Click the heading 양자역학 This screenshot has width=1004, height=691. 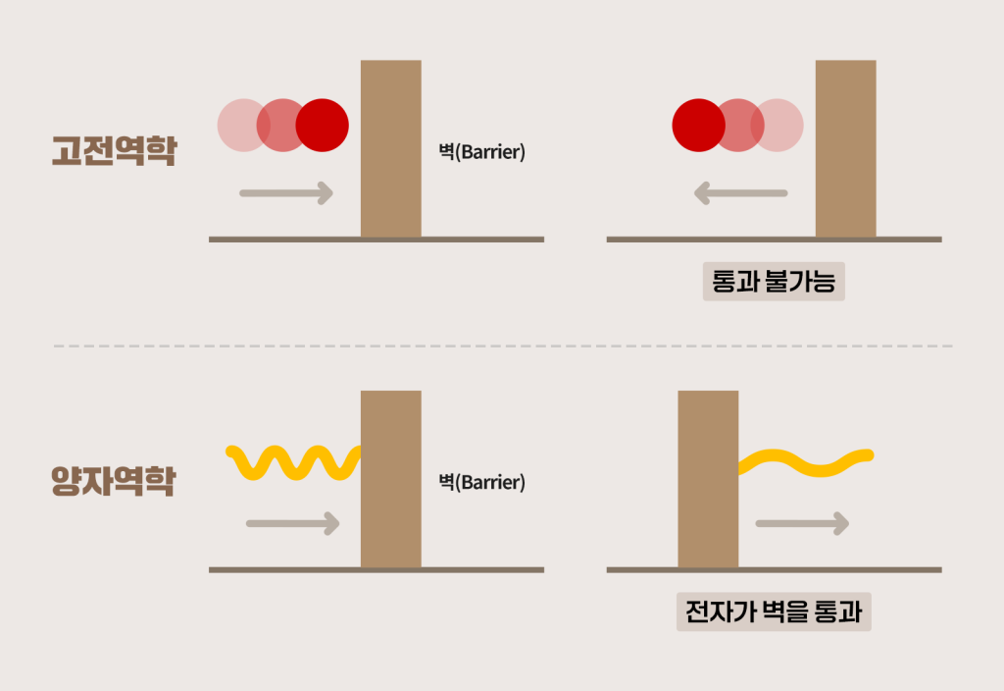pos(113,481)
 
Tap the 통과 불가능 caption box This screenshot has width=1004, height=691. pos(774,283)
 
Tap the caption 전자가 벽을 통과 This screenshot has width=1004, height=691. pos(774,612)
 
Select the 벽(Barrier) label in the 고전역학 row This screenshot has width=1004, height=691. pos(481,153)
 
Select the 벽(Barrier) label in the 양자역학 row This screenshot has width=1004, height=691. pos(481,483)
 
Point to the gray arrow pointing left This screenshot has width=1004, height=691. pos(740,193)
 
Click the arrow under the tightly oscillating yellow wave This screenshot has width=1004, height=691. pos(292,523)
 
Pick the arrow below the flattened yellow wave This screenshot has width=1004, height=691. pos(801,523)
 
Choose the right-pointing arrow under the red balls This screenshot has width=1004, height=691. pos(286,193)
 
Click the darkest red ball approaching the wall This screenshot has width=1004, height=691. pos(323,125)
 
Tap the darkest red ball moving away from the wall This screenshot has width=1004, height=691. pos(698,125)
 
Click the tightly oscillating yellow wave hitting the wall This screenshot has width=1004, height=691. pos(292,461)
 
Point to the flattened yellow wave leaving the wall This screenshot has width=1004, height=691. pos(804,461)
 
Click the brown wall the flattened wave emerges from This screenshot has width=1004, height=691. pos(708,479)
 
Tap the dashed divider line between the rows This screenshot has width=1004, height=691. pos(502,345)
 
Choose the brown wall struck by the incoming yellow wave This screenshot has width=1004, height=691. pos(390,479)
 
